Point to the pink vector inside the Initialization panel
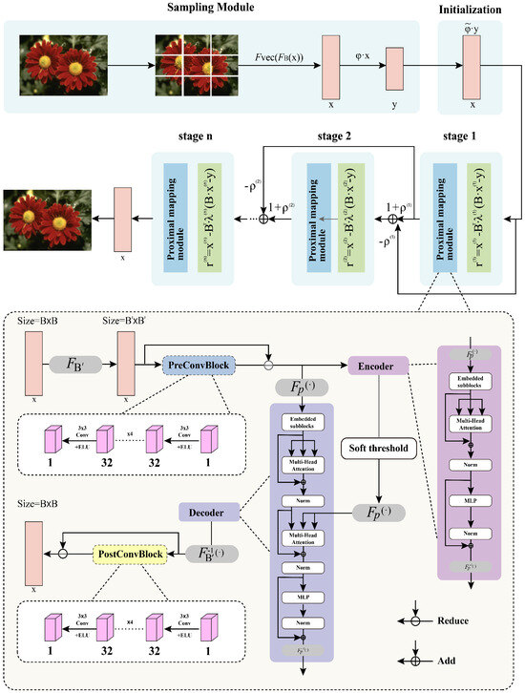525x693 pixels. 472,67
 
